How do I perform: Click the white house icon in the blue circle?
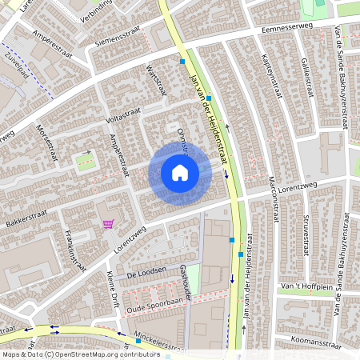tap(180, 172)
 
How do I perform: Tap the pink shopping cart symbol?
tap(108, 224)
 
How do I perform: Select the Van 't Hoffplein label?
tap(307, 286)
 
